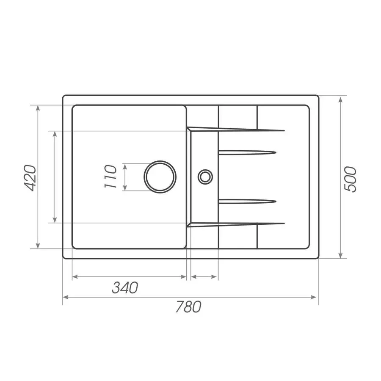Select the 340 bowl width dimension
125,287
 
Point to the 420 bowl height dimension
30,177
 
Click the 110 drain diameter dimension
110,177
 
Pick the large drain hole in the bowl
160,177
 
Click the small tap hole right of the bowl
205,176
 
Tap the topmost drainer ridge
237,129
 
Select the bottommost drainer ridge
237,224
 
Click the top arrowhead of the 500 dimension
341,100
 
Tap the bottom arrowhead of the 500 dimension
341,255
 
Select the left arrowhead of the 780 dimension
66,298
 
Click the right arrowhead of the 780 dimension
315,298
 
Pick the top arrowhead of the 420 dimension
39,108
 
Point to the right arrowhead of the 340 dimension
183,277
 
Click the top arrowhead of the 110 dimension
125,166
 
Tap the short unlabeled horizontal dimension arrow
204,277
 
